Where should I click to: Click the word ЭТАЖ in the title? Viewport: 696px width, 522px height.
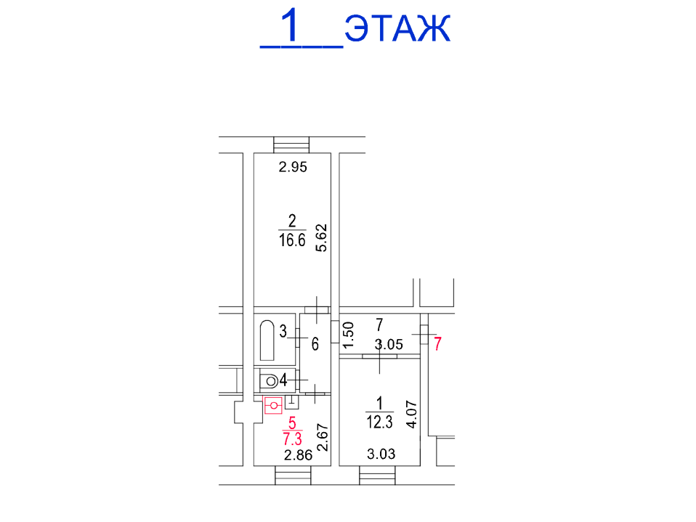coord(397,28)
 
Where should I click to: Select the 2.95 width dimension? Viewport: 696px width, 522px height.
coord(293,167)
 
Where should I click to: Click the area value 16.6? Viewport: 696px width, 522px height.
coord(292,240)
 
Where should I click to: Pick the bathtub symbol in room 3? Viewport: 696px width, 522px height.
coord(267,340)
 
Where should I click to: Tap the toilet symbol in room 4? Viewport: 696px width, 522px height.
coord(269,380)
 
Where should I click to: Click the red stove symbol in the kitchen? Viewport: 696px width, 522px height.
coord(273,405)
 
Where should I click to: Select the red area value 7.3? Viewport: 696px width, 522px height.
coord(292,439)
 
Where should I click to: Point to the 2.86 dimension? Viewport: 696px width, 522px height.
coord(299,455)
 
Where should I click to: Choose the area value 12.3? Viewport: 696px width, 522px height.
coord(379,422)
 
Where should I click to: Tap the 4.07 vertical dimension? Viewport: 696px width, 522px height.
coord(412,415)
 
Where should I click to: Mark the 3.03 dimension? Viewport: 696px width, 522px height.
coord(381,454)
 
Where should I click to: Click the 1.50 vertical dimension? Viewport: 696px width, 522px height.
coord(349,335)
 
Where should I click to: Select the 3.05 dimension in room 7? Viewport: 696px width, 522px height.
coord(389,345)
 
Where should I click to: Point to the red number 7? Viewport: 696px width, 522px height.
coord(437,343)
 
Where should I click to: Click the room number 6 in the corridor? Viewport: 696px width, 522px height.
coord(315,343)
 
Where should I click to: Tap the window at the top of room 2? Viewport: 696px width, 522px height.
coord(291,145)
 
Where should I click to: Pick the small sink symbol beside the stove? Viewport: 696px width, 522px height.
coord(291,401)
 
